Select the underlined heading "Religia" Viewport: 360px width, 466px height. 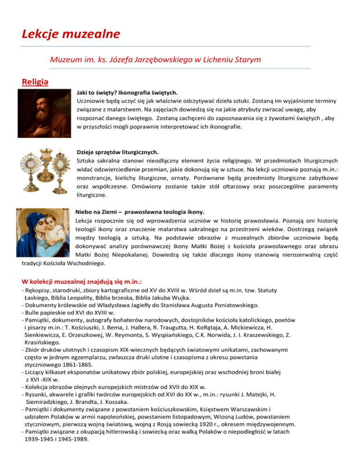[35, 83]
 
